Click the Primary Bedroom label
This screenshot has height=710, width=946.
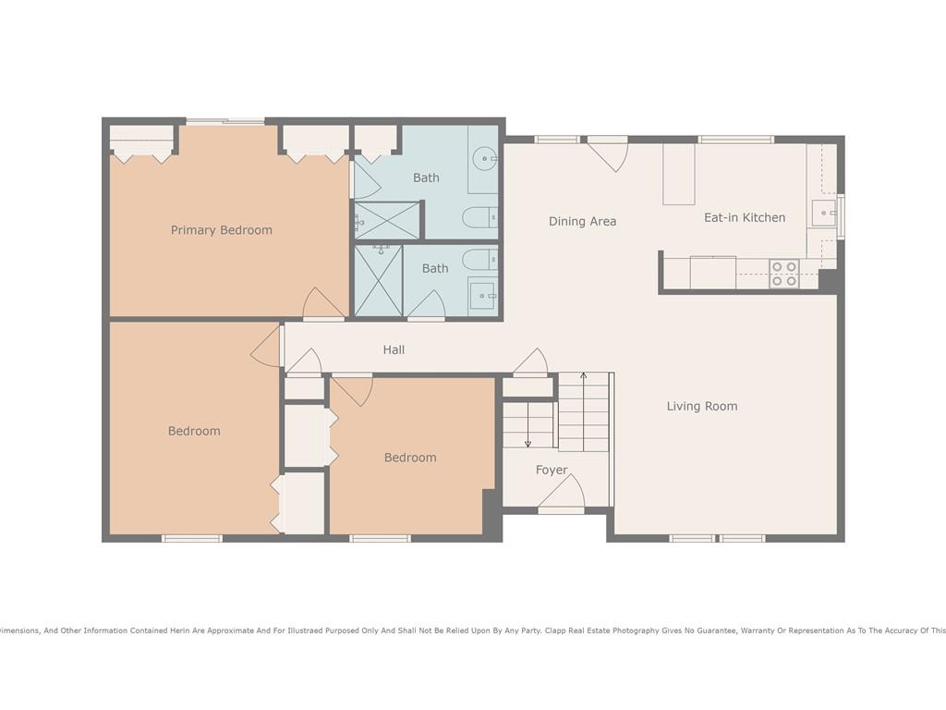pos(222,230)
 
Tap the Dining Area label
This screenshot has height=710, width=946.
pos(582,222)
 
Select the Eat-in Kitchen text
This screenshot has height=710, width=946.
pos(745,217)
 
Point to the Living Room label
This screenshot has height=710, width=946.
pos(702,407)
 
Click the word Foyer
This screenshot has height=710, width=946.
pos(552,470)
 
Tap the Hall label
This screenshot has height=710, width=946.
pos(394,349)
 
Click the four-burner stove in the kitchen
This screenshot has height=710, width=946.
pos(783,274)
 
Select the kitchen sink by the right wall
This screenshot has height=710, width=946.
pos(824,214)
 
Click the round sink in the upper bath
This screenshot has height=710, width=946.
pos(484,159)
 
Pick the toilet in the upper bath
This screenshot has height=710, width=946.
pos(480,217)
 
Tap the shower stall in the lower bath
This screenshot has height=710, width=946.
pos(378,280)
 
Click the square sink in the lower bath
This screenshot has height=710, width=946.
pos(481,296)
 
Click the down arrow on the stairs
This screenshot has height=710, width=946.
pos(528,425)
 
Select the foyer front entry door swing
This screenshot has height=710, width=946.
pos(561,493)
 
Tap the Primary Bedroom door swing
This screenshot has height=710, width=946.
pos(322,303)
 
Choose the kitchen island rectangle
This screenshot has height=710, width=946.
pos(679,174)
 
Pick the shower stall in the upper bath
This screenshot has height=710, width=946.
pos(386,221)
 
